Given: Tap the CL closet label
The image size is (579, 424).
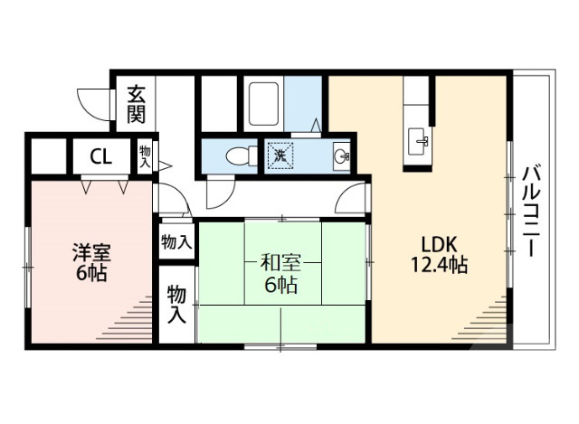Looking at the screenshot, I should [x=100, y=155].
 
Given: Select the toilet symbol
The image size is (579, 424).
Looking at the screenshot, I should [x=236, y=155].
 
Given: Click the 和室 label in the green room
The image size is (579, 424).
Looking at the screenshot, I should [x=280, y=264].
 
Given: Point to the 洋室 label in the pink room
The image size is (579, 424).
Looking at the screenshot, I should [x=90, y=252].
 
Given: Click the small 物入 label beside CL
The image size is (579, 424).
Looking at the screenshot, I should [x=146, y=155].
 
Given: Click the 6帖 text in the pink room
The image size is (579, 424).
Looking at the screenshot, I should [x=90, y=273].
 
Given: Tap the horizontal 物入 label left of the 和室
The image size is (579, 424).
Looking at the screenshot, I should [x=176, y=242].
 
